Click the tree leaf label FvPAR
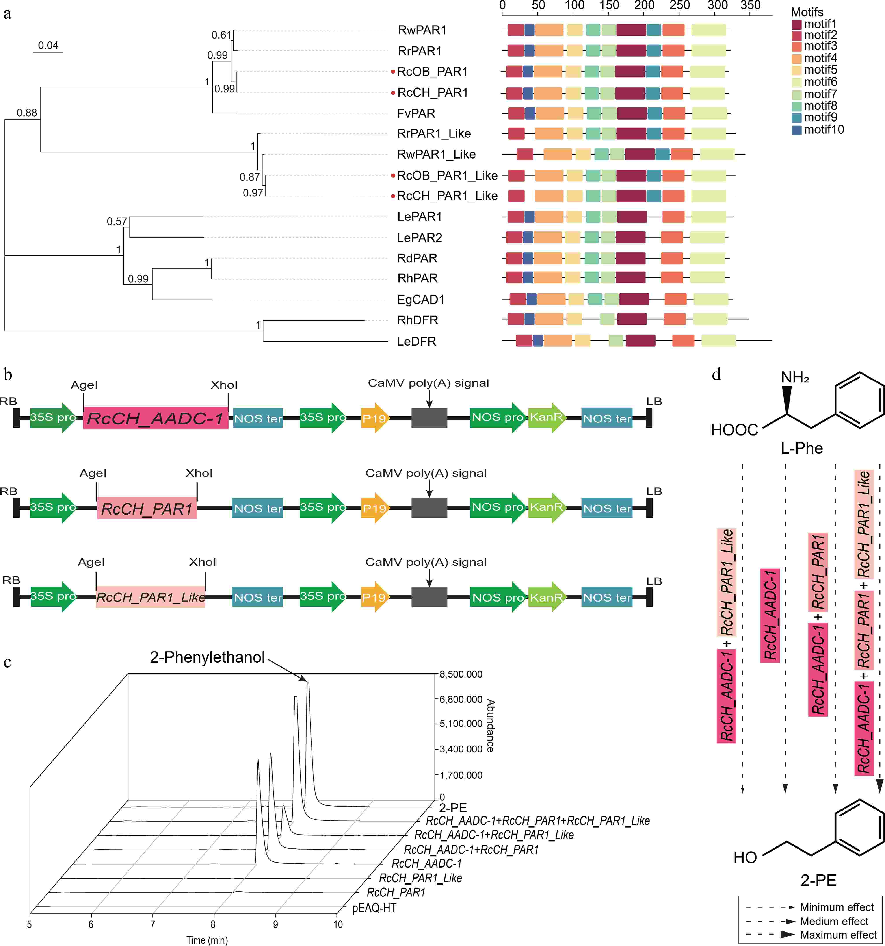click(416, 113)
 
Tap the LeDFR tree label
click(416, 341)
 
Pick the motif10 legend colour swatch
click(796, 130)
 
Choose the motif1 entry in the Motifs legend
click(820, 24)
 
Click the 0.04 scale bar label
click(48, 46)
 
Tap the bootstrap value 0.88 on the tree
click(27, 113)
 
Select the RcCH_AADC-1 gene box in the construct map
click(155, 418)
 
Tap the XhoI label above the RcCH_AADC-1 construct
click(224, 385)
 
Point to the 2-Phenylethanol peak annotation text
click(207, 657)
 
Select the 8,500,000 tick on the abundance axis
click(461, 674)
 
